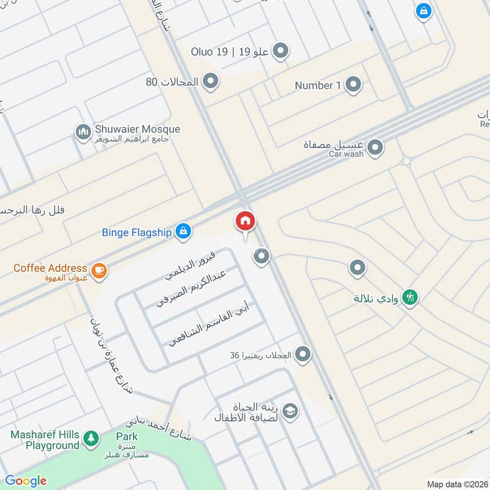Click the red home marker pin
[x=245, y=221]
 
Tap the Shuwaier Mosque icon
[x=83, y=132]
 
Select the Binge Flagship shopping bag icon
[x=182, y=231]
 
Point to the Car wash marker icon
[x=375, y=148]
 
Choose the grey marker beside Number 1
[x=353, y=85]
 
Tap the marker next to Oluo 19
[x=281, y=51]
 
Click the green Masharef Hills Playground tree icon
[x=91, y=437]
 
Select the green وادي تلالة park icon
[x=412, y=298]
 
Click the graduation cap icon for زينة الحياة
[x=290, y=410]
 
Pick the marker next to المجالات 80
[x=211, y=81]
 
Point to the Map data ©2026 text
[x=457, y=484]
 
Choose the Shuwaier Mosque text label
[x=137, y=129]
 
